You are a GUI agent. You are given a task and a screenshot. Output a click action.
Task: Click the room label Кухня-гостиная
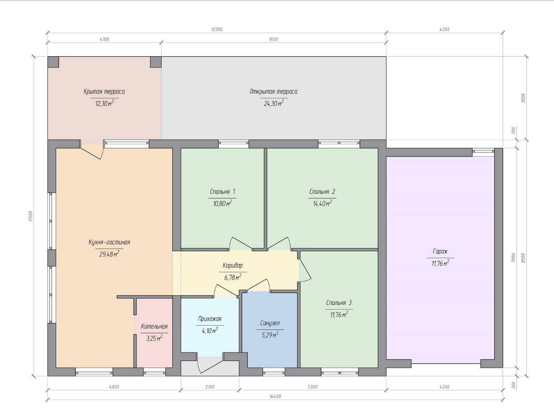109,242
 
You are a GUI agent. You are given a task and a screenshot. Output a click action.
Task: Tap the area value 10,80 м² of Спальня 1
222,203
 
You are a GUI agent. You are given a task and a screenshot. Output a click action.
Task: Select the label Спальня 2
322,192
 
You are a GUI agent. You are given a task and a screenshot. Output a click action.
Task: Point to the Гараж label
440,251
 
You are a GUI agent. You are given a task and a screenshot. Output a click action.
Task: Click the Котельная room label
154,326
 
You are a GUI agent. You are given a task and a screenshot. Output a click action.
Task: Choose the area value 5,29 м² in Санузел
270,335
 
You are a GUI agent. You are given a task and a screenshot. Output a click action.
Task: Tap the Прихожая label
210,319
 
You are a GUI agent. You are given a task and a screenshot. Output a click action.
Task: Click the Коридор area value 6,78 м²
233,277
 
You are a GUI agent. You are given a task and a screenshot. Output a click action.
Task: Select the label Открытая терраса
273,92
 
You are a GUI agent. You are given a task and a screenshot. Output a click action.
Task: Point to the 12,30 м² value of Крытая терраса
105,103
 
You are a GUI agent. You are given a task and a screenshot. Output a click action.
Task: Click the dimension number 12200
217,29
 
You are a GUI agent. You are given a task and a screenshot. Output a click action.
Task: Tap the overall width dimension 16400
275,396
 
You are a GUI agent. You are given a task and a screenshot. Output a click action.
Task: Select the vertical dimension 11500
31,216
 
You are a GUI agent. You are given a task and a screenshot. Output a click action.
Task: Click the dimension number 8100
273,39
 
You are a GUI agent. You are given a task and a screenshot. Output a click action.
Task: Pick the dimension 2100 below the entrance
210,387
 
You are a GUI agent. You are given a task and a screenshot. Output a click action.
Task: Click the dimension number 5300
313,387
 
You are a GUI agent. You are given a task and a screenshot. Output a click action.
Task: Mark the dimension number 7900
513,257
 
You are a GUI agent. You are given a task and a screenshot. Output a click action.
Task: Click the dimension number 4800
114,387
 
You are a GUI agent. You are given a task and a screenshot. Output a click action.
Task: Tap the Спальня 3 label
339,303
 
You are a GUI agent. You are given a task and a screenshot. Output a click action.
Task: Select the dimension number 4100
105,39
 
